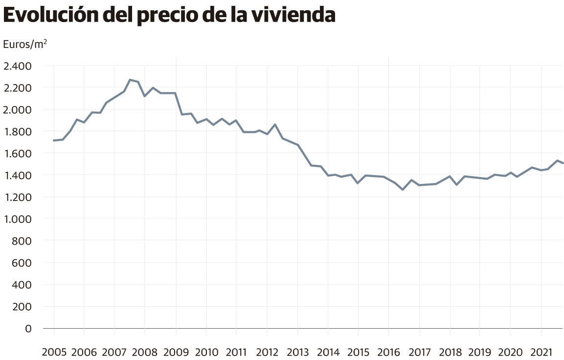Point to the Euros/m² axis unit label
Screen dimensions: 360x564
tap(25, 44)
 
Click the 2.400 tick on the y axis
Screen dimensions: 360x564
tap(17, 66)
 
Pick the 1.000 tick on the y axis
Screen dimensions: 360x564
tap(17, 219)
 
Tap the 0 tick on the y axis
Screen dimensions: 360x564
tap(28, 328)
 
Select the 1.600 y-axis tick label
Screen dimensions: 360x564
tap(17, 153)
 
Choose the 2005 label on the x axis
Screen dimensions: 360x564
tap(54, 352)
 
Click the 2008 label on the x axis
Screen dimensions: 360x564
tap(145, 352)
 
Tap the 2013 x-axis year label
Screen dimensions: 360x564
tap(297, 352)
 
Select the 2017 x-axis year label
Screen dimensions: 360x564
tap(419, 352)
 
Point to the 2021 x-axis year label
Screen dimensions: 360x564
tap(541, 352)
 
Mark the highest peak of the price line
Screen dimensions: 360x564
tap(130, 79)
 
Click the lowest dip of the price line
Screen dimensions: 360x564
tap(403, 189)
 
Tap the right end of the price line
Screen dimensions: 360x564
tap(563, 163)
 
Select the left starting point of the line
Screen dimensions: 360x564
tap(54, 140)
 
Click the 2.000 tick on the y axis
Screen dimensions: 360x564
tap(17, 110)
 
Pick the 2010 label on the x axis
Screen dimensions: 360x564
tap(206, 352)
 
